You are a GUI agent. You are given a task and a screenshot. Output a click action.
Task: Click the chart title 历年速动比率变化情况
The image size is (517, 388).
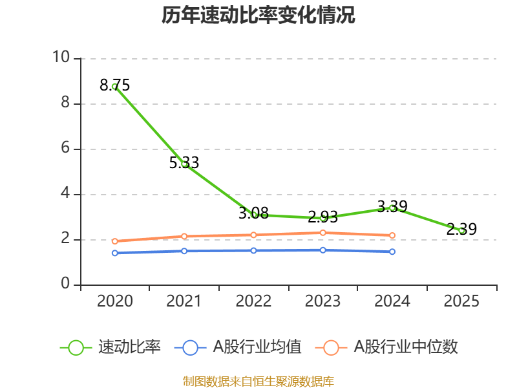click(x=258, y=16)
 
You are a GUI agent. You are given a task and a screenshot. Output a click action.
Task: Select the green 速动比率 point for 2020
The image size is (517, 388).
click(x=114, y=86)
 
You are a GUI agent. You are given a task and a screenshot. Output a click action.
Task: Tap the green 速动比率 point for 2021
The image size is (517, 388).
click(x=184, y=164)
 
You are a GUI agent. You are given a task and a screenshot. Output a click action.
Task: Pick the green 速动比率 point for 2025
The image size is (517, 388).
click(x=461, y=230)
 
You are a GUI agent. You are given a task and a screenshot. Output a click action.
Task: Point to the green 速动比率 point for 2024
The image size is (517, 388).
click(x=392, y=208)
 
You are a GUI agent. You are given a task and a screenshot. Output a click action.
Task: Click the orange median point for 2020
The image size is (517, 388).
click(x=114, y=241)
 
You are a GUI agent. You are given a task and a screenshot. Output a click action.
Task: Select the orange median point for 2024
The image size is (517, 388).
click(x=392, y=235)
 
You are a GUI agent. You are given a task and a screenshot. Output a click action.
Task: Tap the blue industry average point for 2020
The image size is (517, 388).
click(x=114, y=253)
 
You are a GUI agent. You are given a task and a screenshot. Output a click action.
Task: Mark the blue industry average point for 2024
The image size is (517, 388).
click(x=392, y=252)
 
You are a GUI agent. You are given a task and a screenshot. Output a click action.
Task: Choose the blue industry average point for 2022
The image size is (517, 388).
click(x=253, y=250)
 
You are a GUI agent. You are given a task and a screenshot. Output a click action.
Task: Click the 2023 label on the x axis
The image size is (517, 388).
click(x=322, y=301)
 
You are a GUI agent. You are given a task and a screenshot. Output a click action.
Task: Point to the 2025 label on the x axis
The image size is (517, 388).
click(x=461, y=301)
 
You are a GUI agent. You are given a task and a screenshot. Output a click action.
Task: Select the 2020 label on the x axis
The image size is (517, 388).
click(x=114, y=301)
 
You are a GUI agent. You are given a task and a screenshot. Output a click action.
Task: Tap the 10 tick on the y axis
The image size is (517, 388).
click(x=61, y=58)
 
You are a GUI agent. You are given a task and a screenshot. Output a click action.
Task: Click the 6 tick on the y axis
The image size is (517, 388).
click(x=65, y=149)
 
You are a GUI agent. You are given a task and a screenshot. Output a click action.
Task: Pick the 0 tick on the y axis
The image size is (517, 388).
click(x=65, y=285)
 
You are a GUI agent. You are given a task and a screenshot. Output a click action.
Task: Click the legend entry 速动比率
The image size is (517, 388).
click(x=110, y=347)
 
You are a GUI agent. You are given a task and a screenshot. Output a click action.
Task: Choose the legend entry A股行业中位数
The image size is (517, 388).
click(x=386, y=347)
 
